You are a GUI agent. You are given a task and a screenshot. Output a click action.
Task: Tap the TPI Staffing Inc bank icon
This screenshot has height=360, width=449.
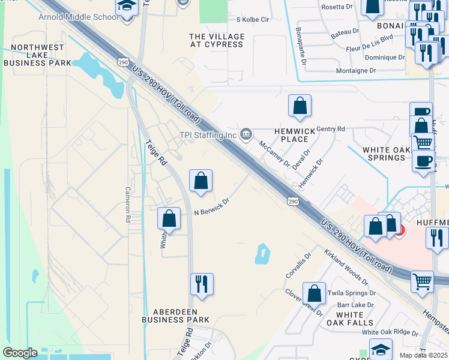246,134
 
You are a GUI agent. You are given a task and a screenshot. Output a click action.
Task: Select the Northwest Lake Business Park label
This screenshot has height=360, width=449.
37,56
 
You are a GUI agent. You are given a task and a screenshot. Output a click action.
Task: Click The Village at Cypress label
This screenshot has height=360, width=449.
217,40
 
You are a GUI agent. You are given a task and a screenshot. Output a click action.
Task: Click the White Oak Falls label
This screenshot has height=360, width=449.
349,319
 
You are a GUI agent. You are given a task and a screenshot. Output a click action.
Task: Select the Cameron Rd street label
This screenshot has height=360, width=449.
128,204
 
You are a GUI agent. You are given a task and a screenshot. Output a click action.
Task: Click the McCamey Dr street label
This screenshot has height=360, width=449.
274,154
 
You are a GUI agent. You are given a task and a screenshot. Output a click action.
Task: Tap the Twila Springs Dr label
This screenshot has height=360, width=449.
352,293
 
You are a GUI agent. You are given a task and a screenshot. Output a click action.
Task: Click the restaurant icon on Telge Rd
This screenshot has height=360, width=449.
202,284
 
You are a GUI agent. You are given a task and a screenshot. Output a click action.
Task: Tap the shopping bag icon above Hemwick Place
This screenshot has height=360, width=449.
300,106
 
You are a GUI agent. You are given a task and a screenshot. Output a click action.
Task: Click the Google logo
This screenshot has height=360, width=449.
20,353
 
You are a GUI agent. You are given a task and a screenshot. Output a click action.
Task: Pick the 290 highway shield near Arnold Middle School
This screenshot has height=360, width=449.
122,62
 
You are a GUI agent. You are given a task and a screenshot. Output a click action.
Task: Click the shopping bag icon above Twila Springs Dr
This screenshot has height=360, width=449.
314,293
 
